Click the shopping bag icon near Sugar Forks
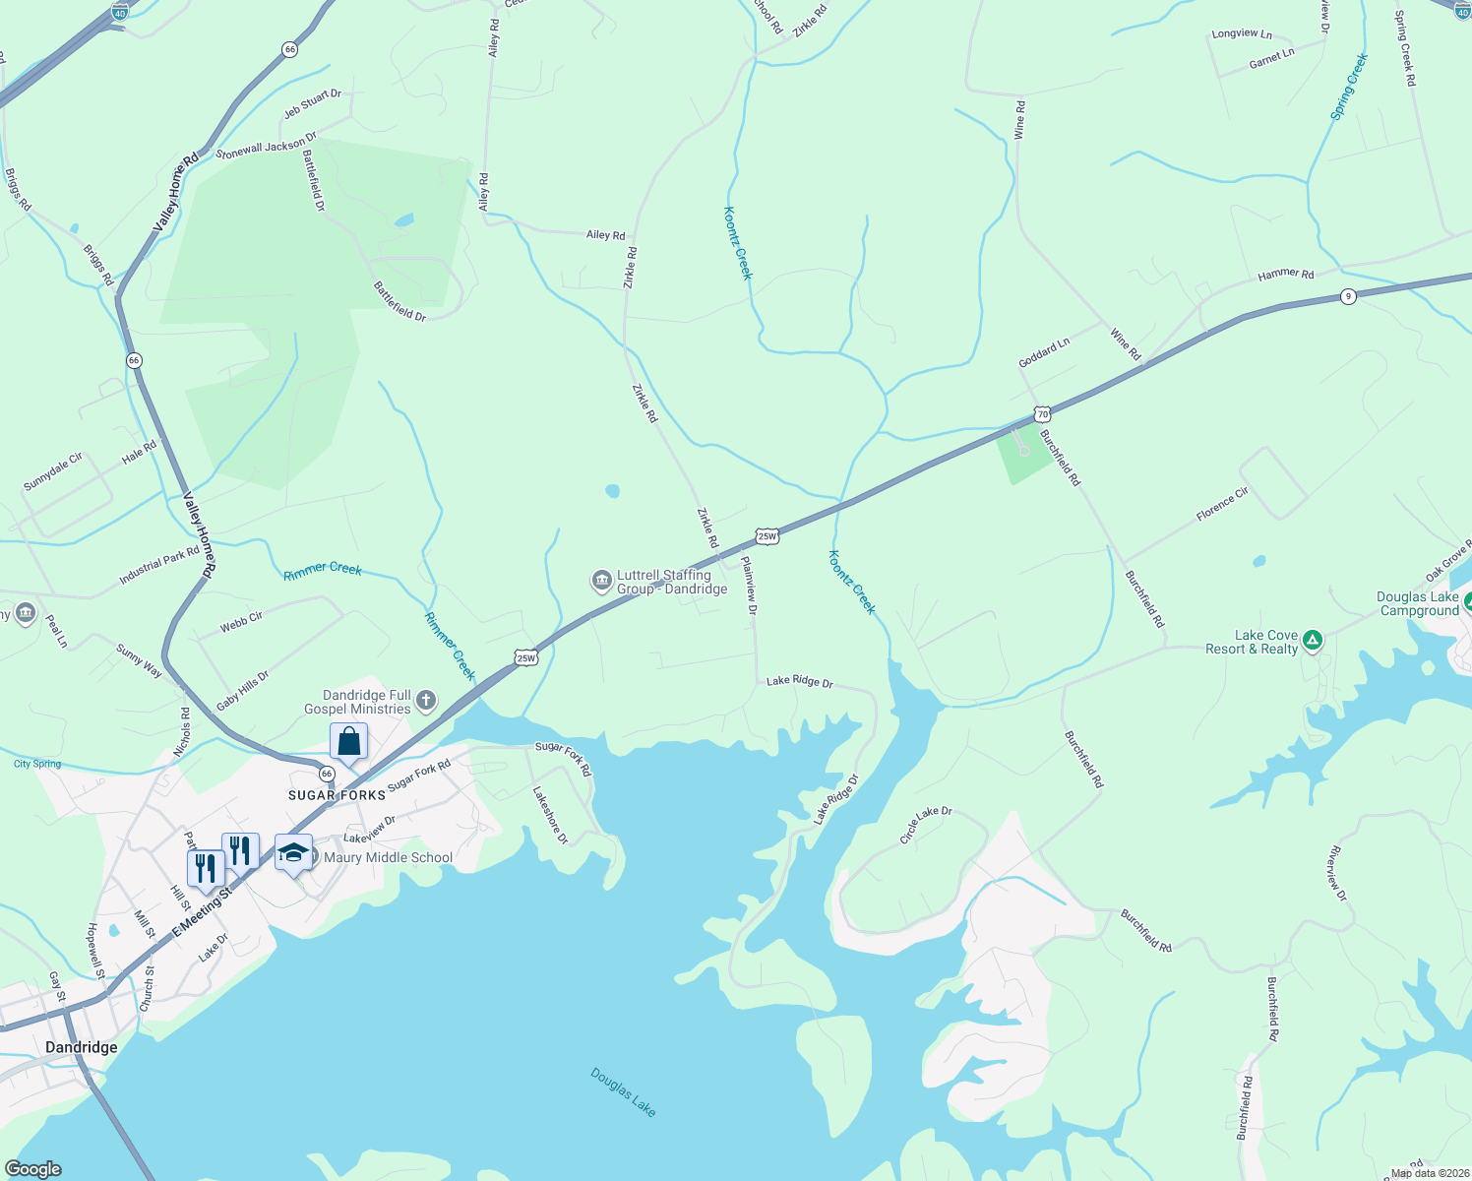coord(348,741)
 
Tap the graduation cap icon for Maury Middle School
coord(293,852)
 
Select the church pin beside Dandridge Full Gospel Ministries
coord(425,701)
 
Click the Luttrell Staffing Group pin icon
coord(601,582)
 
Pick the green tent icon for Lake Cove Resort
coord(1312,642)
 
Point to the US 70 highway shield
coord(1043,413)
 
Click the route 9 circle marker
coord(1348,296)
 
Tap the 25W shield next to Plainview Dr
coord(767,536)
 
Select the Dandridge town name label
coord(82,1047)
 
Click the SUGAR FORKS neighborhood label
coord(337,795)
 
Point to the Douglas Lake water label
coord(623,1091)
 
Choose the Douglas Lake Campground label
coord(1418,603)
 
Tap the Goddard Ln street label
coord(1044,353)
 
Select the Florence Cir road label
coord(1222,504)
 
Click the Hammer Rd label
coord(1285,275)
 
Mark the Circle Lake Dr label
coord(926,825)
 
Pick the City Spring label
coord(37,764)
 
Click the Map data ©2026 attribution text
coord(1430,1173)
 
